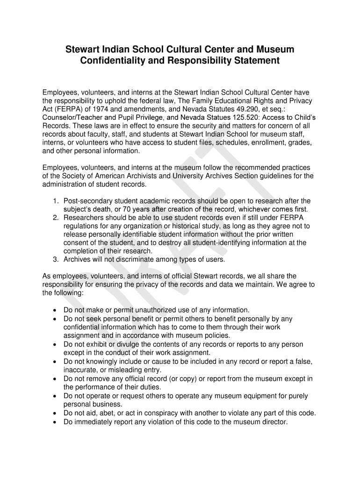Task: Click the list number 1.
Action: coord(55,201)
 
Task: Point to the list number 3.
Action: coord(55,260)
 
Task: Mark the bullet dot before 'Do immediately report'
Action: coord(56,422)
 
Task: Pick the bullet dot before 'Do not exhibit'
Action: coord(56,345)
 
